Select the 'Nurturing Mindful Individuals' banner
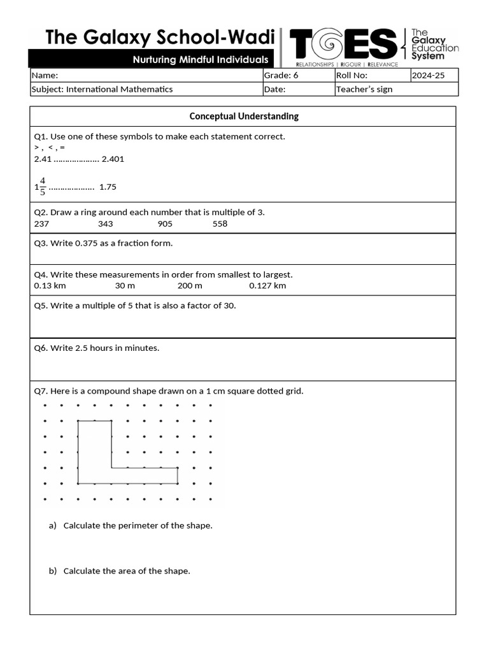(x=200, y=60)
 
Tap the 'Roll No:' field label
(x=351, y=75)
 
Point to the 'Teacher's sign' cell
(x=364, y=89)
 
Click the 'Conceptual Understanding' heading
(x=244, y=116)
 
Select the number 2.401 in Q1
(x=113, y=159)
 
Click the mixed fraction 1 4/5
(x=40, y=187)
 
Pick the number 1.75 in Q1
(x=108, y=187)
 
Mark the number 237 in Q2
(x=41, y=223)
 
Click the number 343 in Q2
(x=105, y=223)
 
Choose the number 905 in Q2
(x=164, y=223)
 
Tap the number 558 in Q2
(x=220, y=223)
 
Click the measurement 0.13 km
(x=50, y=285)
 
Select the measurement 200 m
(x=190, y=285)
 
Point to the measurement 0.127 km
(x=267, y=285)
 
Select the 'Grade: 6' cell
(x=281, y=75)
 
